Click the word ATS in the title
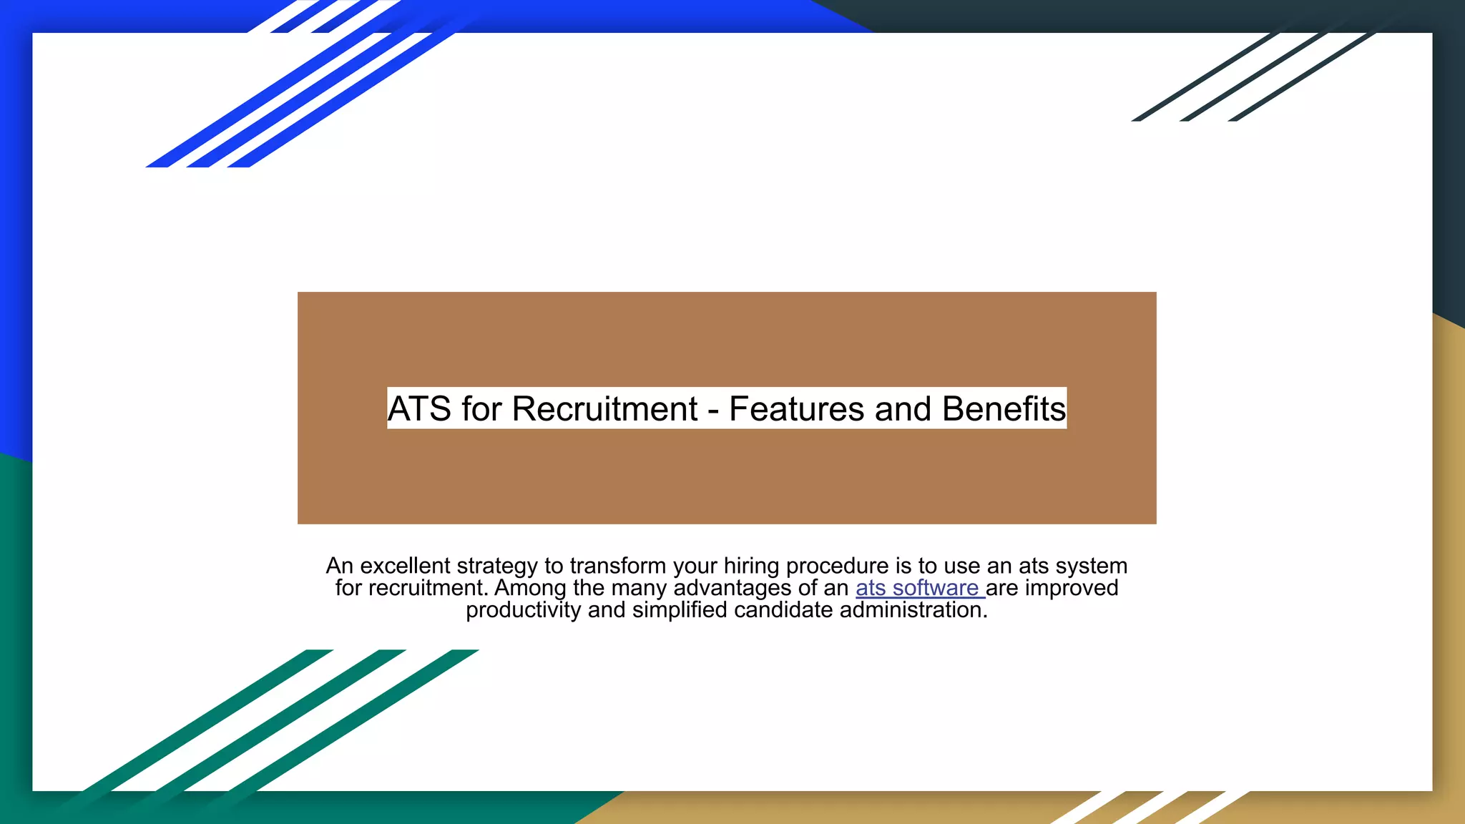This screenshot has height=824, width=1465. tap(419, 409)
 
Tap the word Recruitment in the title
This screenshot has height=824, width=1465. tap(604, 409)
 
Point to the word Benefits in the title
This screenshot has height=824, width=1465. tap(1004, 409)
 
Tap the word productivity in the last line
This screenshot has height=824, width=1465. tap(523, 610)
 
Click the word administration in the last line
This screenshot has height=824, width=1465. tap(913, 610)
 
